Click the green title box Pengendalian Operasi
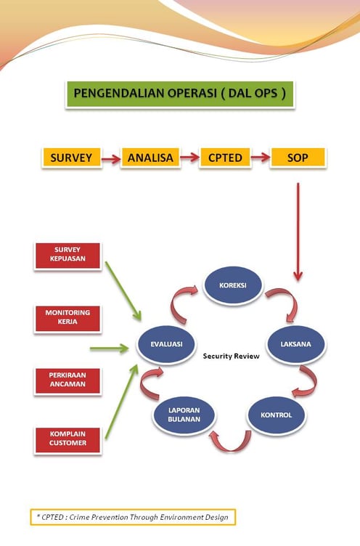[180, 94]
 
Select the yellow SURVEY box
[71, 158]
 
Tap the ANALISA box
[150, 158]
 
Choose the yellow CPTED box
[225, 158]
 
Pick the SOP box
[298, 158]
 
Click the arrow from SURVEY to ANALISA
[111, 159]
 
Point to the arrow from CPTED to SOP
[261, 158]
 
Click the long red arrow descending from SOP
[298, 232]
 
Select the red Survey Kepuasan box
[67, 256]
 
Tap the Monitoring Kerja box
[67, 319]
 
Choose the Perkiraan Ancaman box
[67, 381]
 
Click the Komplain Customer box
[67, 440]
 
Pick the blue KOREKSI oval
[232, 285]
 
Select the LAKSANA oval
[296, 344]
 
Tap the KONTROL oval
[276, 415]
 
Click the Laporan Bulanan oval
[184, 415]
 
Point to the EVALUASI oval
[166, 344]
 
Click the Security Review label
[232, 356]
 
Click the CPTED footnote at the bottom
[133, 517]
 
